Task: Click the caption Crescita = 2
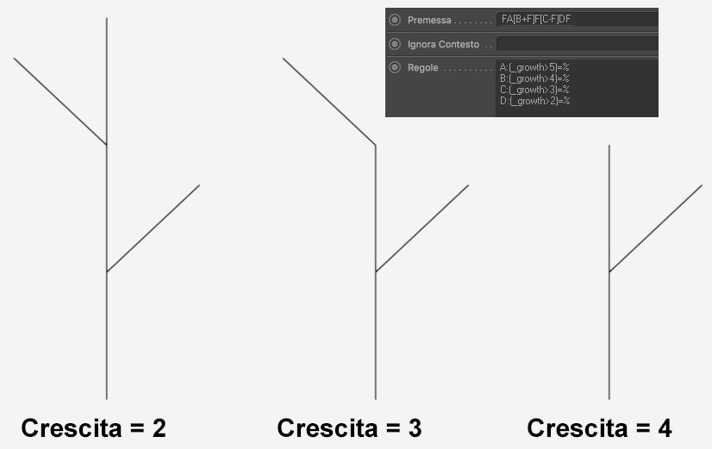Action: [94, 428]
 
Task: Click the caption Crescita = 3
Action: [349, 428]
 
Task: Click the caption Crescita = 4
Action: [599, 428]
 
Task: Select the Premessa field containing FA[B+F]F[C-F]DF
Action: [578, 20]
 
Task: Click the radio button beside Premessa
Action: [395, 20]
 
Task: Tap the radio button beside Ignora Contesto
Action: [395, 44]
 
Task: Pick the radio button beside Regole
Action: [395, 67]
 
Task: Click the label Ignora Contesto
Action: [443, 45]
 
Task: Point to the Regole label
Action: [422, 67]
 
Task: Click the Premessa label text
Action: [429, 21]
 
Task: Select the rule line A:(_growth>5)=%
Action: [534, 67]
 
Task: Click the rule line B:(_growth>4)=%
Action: [534, 78]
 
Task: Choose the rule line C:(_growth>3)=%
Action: [534, 90]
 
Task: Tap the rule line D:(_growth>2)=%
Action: [534, 101]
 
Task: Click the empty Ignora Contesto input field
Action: [578, 44]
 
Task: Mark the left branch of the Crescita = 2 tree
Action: [60, 101]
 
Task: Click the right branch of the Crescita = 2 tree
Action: [153, 228]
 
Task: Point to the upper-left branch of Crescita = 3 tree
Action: [329, 101]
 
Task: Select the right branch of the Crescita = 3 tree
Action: [422, 228]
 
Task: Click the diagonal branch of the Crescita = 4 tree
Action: [656, 228]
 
